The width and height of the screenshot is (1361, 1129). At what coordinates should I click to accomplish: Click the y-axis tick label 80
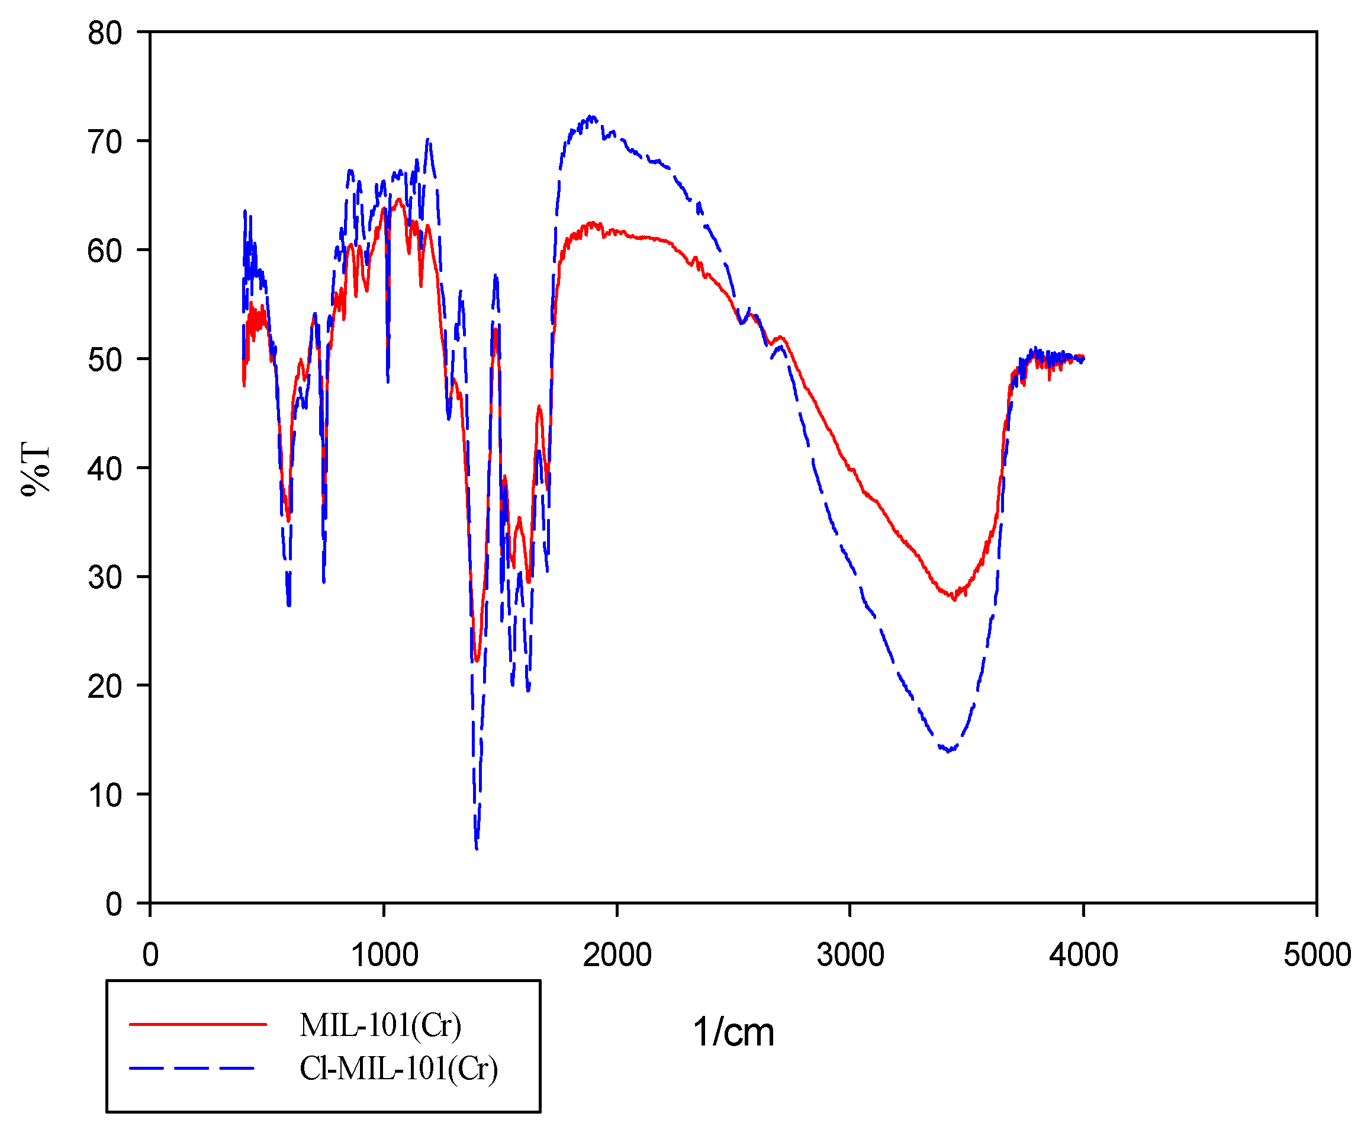(104, 33)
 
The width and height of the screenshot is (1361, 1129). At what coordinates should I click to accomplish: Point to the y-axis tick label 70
(104, 142)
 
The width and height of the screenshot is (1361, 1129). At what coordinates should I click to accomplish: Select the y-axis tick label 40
(104, 469)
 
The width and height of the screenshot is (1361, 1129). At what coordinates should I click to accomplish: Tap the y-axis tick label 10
(104, 796)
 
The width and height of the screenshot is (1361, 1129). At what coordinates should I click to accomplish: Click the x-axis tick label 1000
(384, 955)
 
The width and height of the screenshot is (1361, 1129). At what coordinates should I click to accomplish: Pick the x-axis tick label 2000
(617, 955)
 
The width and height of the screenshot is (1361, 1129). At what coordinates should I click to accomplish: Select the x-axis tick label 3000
(850, 955)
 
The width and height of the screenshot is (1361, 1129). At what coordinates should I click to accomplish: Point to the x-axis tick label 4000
(1083, 955)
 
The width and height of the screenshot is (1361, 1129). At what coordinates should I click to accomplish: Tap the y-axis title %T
(35, 469)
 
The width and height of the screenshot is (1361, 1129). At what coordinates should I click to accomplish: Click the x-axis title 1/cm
(733, 1032)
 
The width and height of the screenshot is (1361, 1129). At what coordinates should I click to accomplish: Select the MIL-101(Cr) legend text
(381, 1025)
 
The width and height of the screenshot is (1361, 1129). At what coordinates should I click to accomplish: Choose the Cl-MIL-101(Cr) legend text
(398, 1069)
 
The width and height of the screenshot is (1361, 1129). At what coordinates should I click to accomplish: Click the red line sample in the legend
(198, 1025)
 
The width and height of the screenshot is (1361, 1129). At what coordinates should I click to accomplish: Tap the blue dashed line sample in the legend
(192, 1068)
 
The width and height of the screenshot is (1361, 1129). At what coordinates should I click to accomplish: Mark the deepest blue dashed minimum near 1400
(477, 847)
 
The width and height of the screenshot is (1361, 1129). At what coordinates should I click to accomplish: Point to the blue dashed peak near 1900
(591, 117)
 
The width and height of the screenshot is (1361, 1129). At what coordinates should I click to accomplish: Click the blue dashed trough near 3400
(949, 751)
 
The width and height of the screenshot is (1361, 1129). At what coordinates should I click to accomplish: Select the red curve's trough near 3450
(953, 598)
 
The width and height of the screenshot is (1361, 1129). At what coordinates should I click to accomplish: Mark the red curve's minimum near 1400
(477, 660)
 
